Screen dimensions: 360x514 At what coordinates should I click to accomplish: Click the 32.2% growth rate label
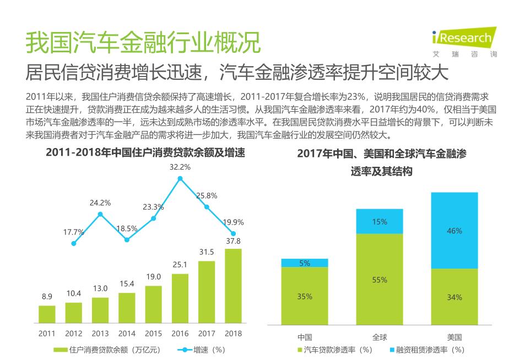[x=180, y=167]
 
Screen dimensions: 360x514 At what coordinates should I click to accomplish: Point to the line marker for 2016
[x=180, y=178]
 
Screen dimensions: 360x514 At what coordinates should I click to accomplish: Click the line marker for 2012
[x=74, y=243]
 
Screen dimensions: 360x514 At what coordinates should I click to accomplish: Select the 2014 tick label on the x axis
[x=127, y=334]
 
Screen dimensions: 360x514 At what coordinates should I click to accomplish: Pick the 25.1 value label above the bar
[x=180, y=265]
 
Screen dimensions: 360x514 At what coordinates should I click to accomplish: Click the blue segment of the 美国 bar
[x=454, y=231]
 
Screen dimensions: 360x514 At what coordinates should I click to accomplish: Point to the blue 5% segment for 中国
[x=305, y=263]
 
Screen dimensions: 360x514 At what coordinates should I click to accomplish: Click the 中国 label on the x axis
[x=305, y=337]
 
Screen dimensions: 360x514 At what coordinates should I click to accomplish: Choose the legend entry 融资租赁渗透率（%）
[x=427, y=350]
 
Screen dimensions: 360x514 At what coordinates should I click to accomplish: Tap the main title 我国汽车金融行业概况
[x=143, y=42]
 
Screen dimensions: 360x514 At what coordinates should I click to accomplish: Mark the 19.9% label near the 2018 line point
[x=234, y=222]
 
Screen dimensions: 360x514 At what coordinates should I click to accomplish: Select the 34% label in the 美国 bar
[x=454, y=297]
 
